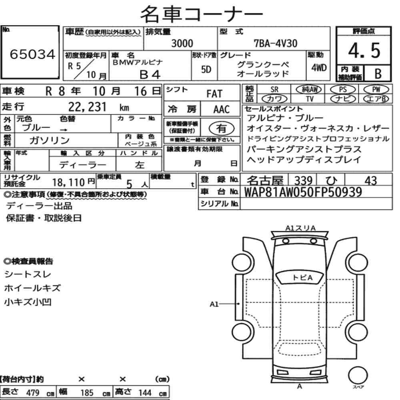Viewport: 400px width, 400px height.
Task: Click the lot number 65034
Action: click(32, 54)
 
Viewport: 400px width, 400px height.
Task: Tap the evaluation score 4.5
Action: click(364, 50)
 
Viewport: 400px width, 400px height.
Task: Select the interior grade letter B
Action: click(378, 74)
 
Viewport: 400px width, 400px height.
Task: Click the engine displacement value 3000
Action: click(182, 43)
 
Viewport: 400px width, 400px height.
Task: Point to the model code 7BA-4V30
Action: click(276, 43)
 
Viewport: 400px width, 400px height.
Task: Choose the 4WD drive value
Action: click(319, 68)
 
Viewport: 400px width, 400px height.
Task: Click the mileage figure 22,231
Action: click(87, 107)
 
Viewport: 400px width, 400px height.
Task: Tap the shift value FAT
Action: click(214, 94)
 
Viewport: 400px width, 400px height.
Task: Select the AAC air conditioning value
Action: click(222, 110)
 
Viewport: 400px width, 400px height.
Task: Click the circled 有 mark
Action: click(222, 128)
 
